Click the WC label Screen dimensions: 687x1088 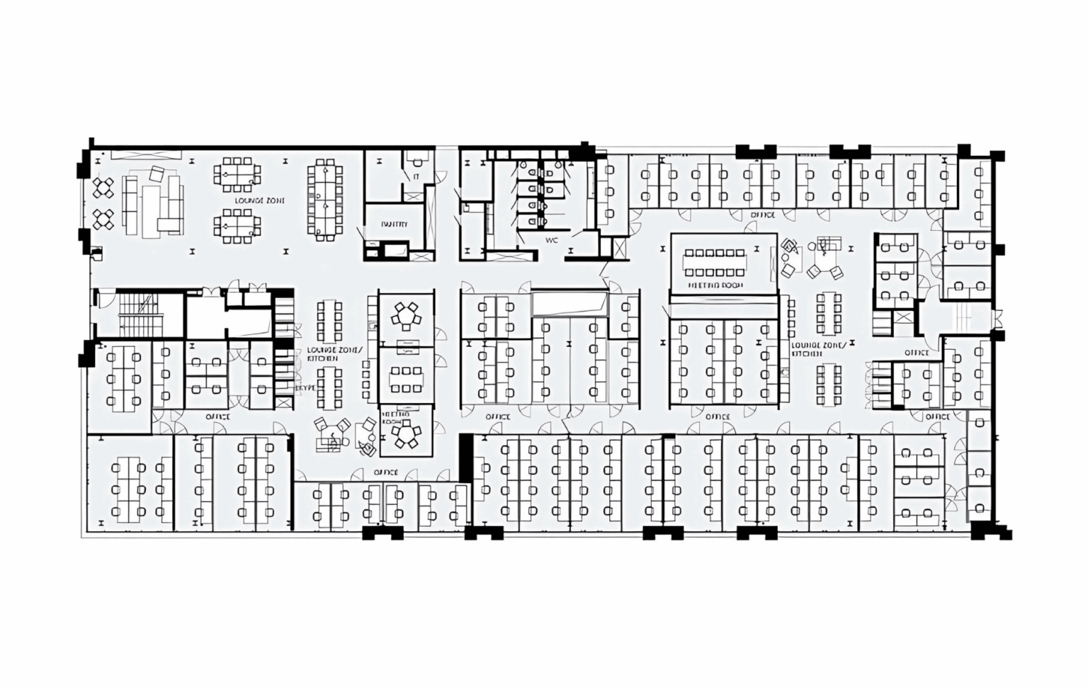552,240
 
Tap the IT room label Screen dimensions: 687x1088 416,176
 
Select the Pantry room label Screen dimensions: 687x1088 394,225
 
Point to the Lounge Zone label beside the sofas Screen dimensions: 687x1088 260,201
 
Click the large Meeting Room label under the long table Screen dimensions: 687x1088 715,285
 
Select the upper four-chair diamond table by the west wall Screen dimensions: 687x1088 104,188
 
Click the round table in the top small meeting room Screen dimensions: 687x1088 406,316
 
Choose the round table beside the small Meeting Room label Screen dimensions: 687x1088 407,433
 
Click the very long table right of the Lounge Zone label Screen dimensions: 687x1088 324,199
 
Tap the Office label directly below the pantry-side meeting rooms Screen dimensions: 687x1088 385,472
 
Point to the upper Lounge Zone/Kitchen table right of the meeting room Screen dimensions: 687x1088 828,312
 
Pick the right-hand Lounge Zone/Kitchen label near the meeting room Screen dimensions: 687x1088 818,348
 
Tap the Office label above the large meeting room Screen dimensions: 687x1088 762,215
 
